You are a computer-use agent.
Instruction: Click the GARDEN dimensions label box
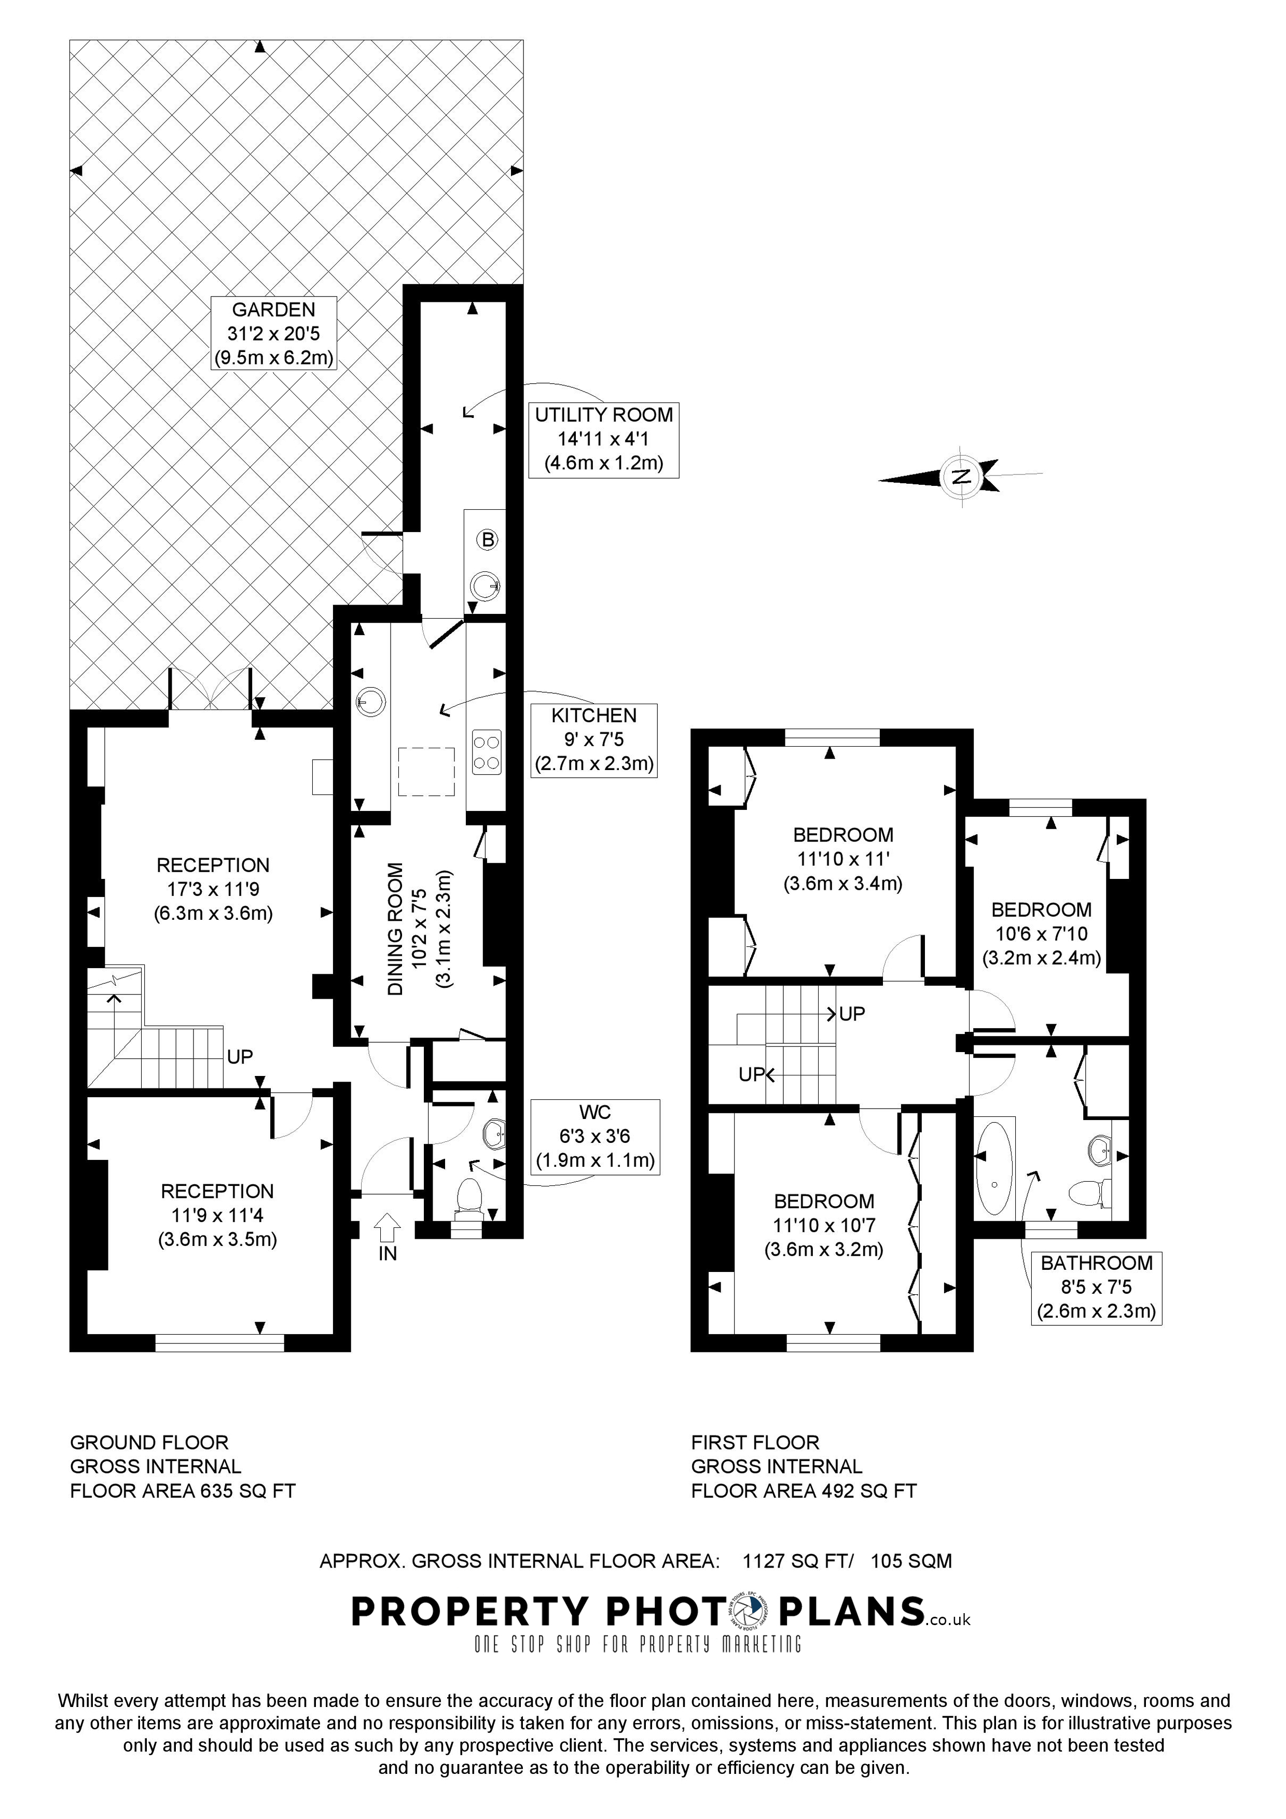pyautogui.click(x=274, y=333)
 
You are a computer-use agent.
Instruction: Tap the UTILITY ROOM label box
pyautogui.click(x=604, y=439)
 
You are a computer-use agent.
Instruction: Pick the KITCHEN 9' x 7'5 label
pyautogui.click(x=594, y=739)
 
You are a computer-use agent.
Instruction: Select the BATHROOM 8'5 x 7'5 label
pyautogui.click(x=1097, y=1288)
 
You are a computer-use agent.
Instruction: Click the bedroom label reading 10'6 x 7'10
pyautogui.click(x=1041, y=933)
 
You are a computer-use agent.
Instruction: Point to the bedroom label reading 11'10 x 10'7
pyautogui.click(x=824, y=1226)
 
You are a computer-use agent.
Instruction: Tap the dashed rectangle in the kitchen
pyautogui.click(x=426, y=771)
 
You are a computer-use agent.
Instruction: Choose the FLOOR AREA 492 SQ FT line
pyautogui.click(x=804, y=1491)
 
